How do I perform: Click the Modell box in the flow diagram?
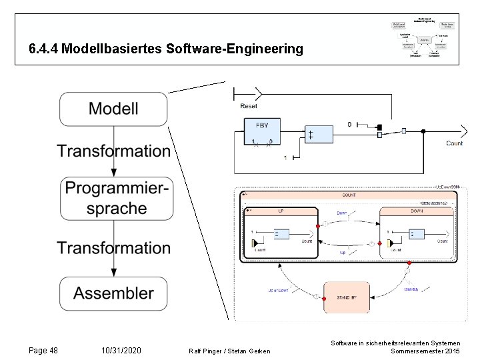[x=113, y=109]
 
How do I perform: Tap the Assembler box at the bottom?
[x=113, y=293]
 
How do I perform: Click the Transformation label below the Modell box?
[x=113, y=151]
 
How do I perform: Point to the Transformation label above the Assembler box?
[x=113, y=248]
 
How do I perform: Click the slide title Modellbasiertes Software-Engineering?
[x=166, y=49]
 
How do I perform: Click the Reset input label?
[x=249, y=107]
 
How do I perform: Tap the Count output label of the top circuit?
[x=454, y=143]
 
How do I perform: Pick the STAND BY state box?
[x=345, y=297]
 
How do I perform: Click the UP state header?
[x=280, y=211]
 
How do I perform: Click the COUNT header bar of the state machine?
[x=349, y=195]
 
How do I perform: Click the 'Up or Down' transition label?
[x=279, y=290]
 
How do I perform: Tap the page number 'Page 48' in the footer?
[x=43, y=350]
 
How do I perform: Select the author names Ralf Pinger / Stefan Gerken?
[x=230, y=351]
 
